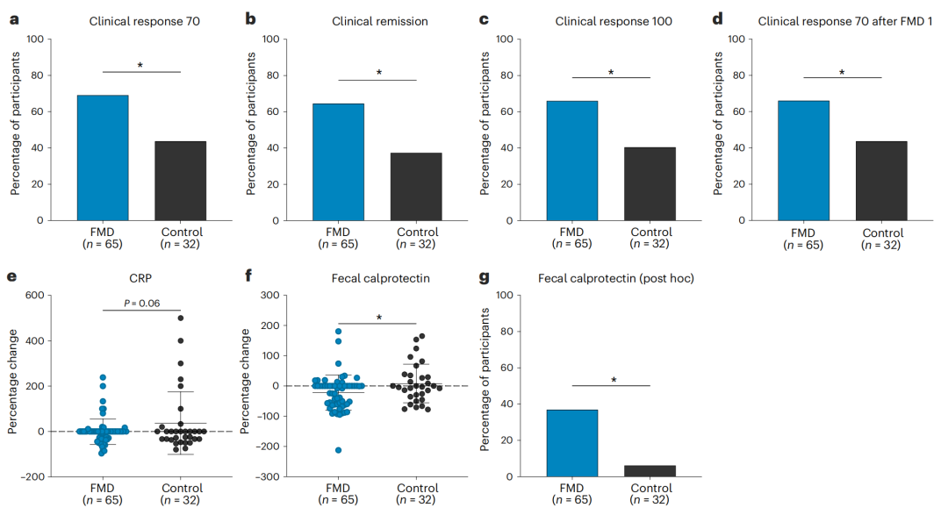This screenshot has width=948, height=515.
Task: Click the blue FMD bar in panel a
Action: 103,157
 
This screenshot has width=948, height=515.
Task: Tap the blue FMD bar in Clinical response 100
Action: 572,161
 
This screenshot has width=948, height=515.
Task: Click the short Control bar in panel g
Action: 650,470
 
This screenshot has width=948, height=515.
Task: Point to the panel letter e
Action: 12,277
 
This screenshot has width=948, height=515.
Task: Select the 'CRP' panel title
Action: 141,278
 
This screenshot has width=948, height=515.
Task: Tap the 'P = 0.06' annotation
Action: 141,303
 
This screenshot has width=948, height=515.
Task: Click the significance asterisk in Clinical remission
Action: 378,73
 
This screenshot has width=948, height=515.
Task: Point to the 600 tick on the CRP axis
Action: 34,296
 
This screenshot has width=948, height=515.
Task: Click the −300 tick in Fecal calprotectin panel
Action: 269,476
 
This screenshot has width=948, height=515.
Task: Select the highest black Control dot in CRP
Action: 180,318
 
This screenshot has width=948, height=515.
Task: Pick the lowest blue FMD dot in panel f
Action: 338,450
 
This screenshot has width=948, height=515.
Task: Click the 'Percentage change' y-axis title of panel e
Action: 13,386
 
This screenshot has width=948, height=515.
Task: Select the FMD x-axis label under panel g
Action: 572,488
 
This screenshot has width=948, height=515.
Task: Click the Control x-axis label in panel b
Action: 416,232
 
